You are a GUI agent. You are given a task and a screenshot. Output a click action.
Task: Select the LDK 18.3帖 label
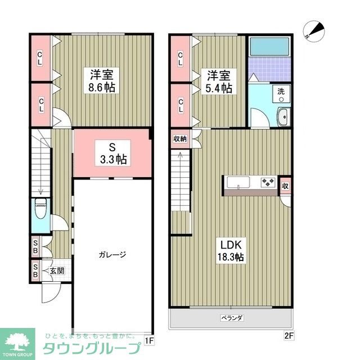[x=231, y=251]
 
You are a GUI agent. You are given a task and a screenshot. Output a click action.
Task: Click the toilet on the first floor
[x=40, y=213]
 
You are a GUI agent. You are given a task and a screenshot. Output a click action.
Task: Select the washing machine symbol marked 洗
[x=280, y=93]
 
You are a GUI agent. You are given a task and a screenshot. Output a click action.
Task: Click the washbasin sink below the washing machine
[x=282, y=117]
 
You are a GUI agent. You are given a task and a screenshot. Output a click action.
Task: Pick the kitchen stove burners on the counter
[x=266, y=182]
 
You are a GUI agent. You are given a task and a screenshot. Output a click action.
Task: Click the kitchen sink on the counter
[x=238, y=182]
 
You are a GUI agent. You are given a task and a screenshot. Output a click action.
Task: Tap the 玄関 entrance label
[x=57, y=271]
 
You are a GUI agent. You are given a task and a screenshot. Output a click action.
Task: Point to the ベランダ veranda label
[x=231, y=318]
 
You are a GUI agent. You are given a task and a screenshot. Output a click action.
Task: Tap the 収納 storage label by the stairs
[x=180, y=138]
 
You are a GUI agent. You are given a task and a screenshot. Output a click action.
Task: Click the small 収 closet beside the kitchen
[x=286, y=186]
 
